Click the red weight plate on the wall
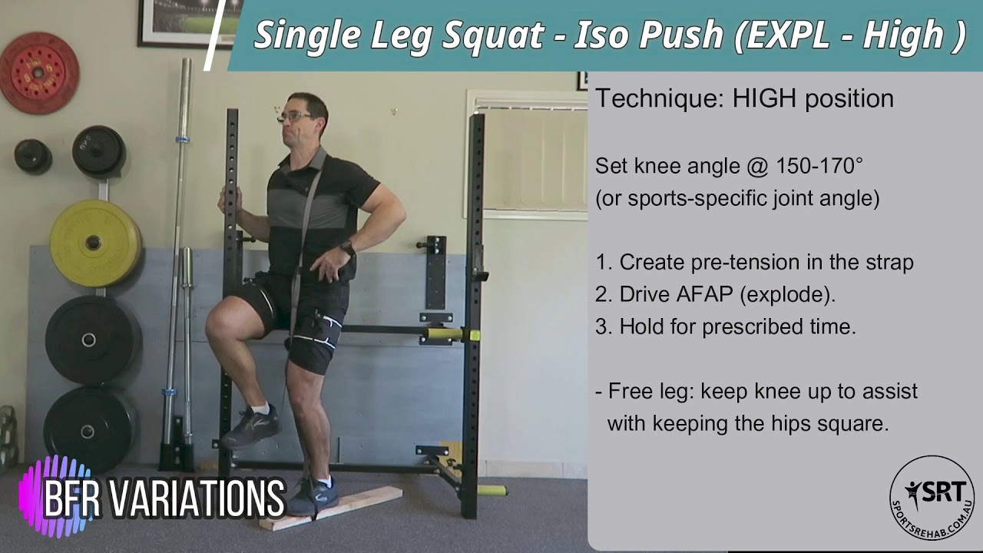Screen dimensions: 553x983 point(38,73)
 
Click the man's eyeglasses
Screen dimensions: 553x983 point(295,117)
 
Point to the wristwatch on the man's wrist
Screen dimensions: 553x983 point(348,248)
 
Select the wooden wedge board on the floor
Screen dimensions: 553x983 point(331,508)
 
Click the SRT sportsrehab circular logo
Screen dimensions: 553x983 point(932,498)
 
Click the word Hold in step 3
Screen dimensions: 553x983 point(642,326)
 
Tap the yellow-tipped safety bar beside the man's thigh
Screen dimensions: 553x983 point(454,334)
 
